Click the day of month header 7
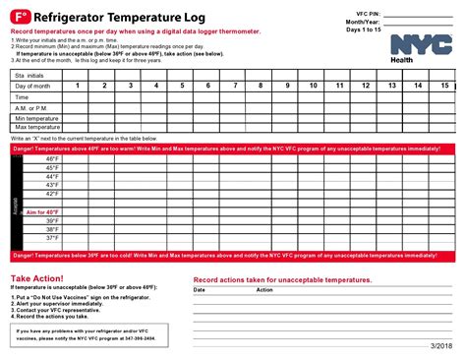(234, 87)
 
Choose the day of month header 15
(443, 87)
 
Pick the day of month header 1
(77, 87)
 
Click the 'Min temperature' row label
(36, 118)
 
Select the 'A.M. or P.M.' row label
(33, 107)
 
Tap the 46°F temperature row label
(52, 158)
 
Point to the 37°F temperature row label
(52, 238)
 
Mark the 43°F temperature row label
(52, 185)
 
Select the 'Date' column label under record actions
(200, 290)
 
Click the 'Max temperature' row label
(37, 128)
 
